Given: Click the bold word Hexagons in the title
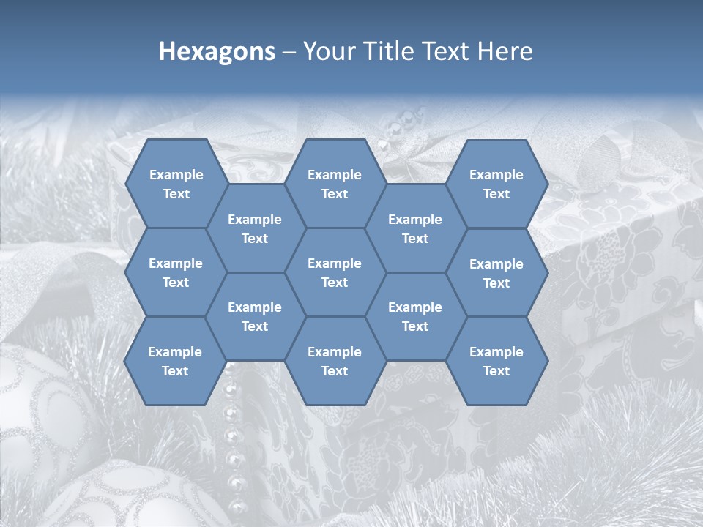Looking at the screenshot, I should point(217,51).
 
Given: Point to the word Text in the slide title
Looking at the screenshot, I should point(445,51).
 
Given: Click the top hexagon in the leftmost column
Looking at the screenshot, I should point(176,184).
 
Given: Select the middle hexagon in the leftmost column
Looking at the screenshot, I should point(176,272).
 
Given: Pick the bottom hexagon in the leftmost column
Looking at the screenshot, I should point(175,361).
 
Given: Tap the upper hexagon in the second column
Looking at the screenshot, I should point(255,228).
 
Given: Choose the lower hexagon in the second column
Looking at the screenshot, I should point(255,316).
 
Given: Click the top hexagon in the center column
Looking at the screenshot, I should point(335,184).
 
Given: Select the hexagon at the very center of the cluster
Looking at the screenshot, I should point(335,272).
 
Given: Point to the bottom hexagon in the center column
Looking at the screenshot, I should point(335,361).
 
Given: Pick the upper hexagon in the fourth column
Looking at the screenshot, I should point(415,228).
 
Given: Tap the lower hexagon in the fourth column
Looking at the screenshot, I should point(415,316).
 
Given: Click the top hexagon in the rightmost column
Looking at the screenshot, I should point(496,184).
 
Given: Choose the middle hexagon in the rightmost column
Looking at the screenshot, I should point(496,273).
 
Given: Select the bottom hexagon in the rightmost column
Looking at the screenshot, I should point(496,361).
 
